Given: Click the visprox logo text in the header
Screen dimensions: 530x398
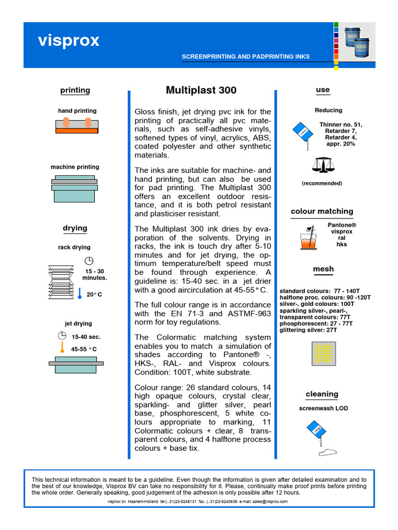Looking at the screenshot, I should (68, 41).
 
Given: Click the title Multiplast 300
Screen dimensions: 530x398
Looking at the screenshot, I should (201, 90).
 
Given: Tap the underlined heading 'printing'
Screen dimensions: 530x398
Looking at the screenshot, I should (75, 90).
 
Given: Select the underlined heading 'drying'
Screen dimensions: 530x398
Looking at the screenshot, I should (75, 228).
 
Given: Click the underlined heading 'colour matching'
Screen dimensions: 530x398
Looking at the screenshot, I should (322, 211).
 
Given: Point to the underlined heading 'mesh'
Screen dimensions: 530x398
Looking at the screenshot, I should (323, 269).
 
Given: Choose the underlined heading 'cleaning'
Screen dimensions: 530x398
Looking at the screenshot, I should (322, 394).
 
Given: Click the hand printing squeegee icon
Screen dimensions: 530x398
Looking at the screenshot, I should (77, 126).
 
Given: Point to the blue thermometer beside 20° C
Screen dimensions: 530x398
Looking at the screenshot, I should (80, 294).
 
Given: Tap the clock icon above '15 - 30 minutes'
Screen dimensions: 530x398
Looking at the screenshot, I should (89, 260).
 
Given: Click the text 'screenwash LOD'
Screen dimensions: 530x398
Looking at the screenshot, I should (323, 408).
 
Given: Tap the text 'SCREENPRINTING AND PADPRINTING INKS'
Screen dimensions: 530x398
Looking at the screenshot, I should (253, 56).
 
